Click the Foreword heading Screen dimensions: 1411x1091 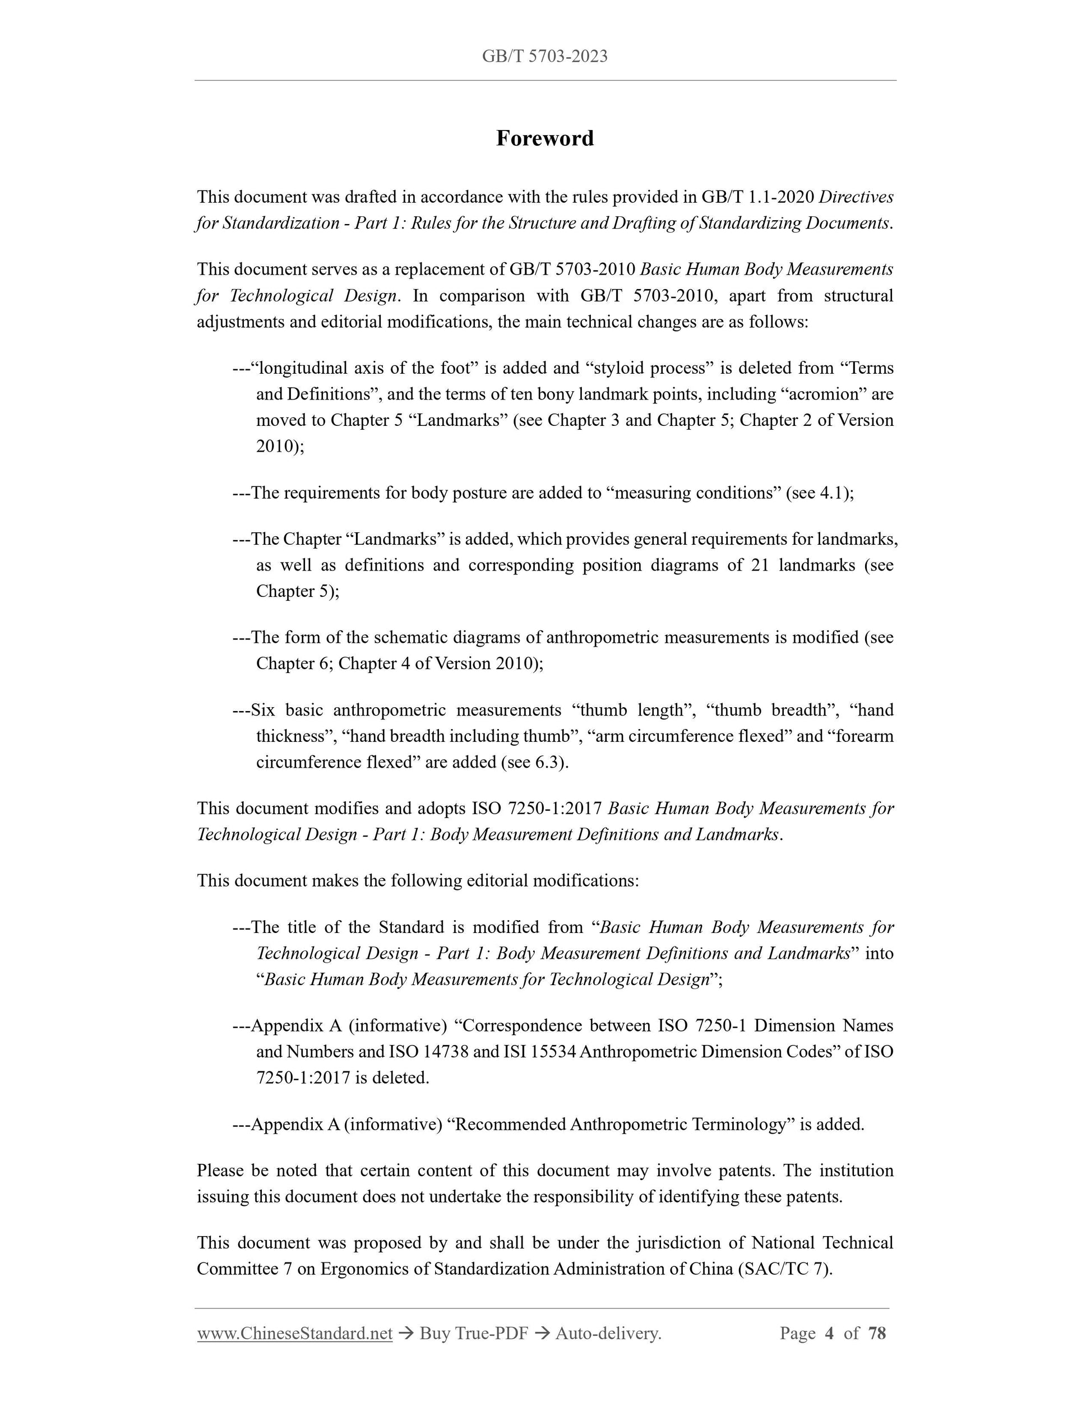544,138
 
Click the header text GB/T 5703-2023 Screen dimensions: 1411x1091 544,56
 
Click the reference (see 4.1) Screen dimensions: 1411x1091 819,493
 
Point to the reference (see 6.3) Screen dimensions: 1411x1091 534,762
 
